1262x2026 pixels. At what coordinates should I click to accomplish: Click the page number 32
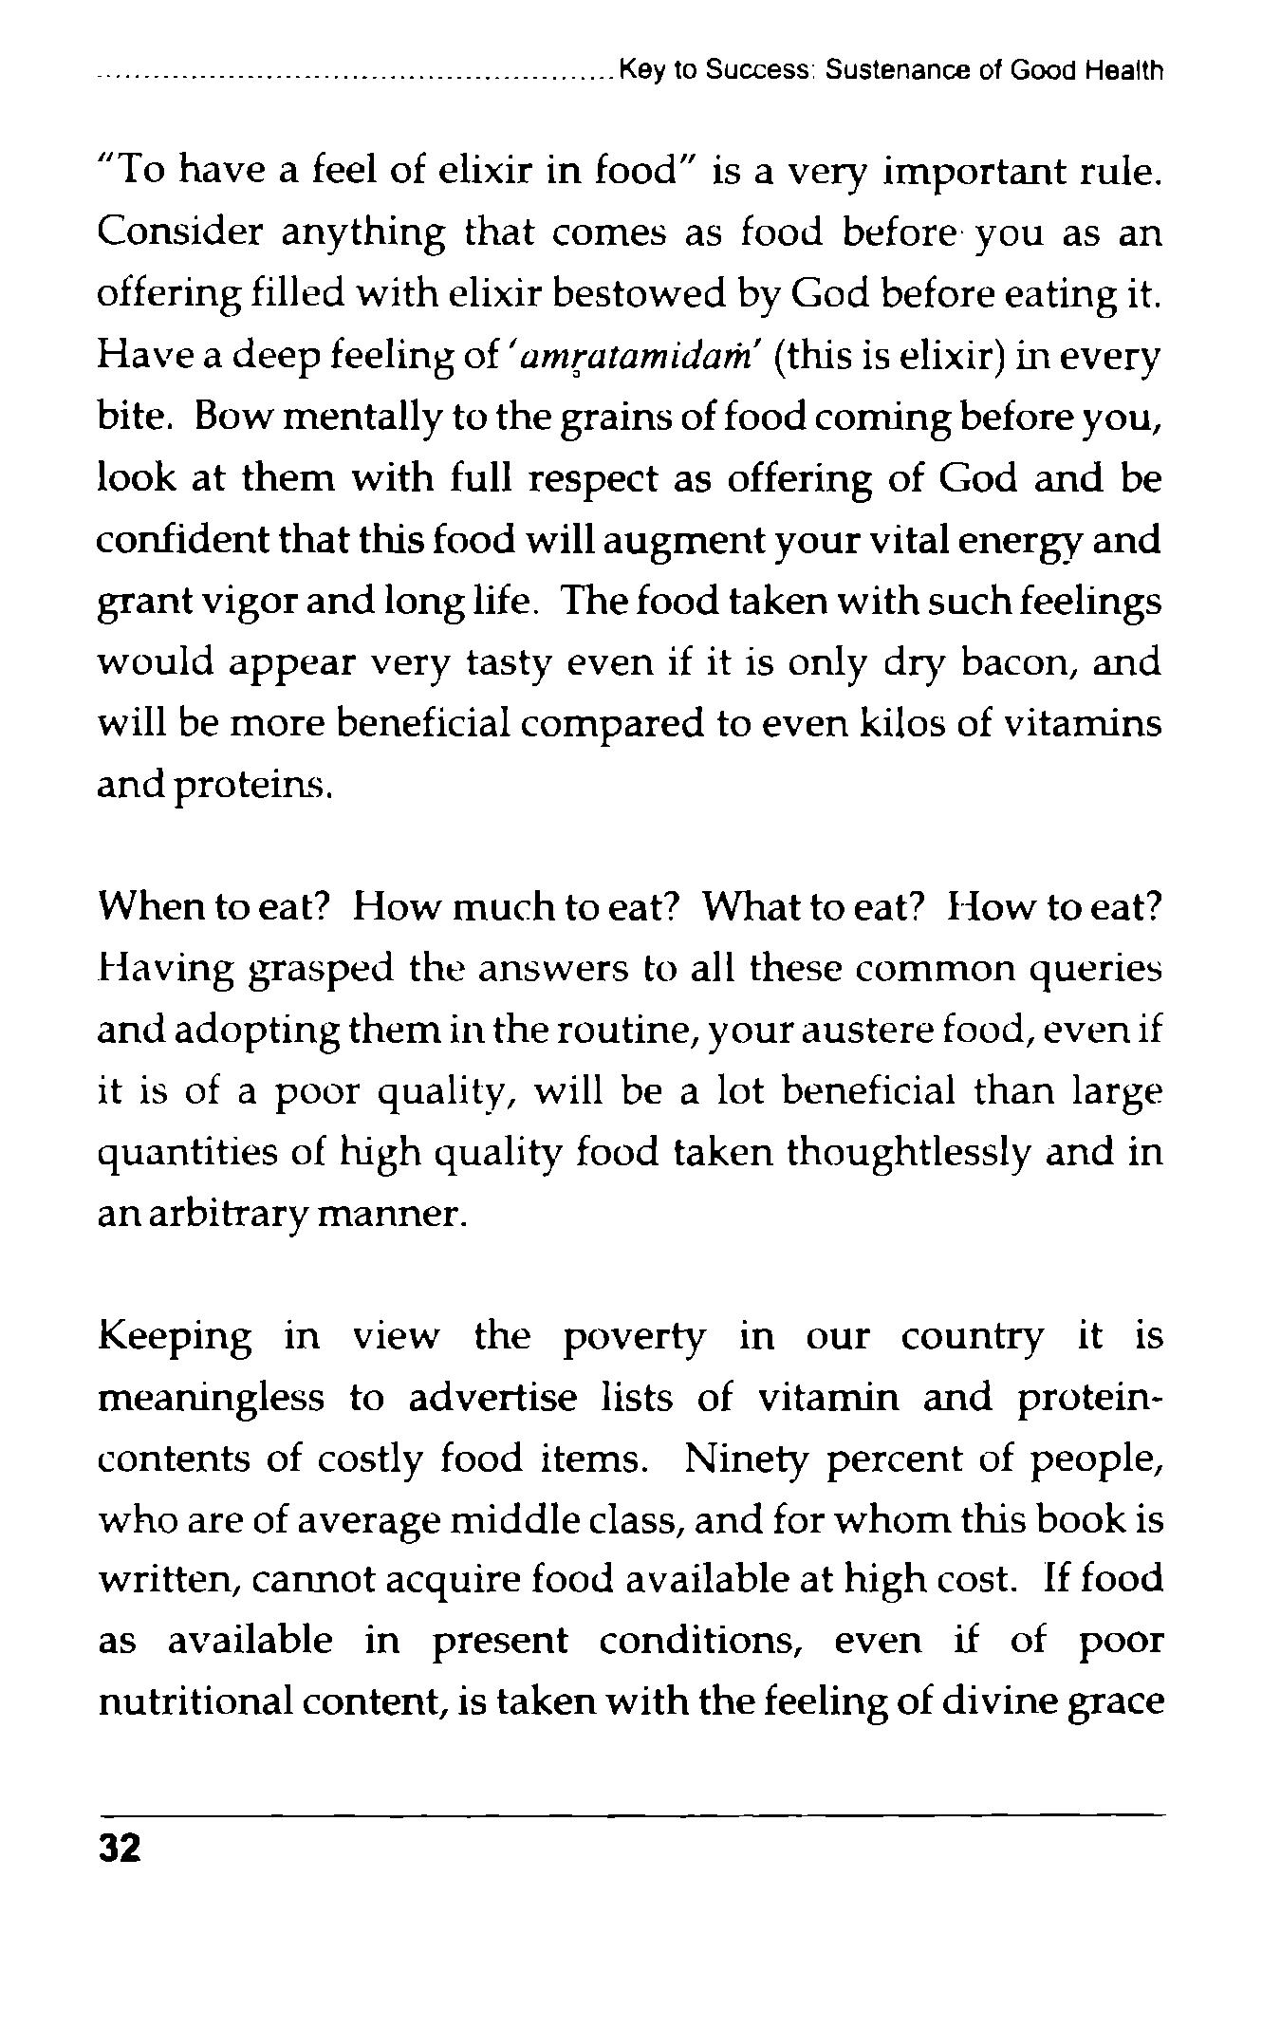pos(119,1849)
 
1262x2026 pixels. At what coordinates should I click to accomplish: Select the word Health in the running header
pos(1125,71)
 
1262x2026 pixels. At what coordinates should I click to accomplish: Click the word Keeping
pos(176,1337)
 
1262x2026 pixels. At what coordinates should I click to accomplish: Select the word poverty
pos(634,1337)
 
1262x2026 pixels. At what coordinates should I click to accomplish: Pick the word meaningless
pos(212,1398)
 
